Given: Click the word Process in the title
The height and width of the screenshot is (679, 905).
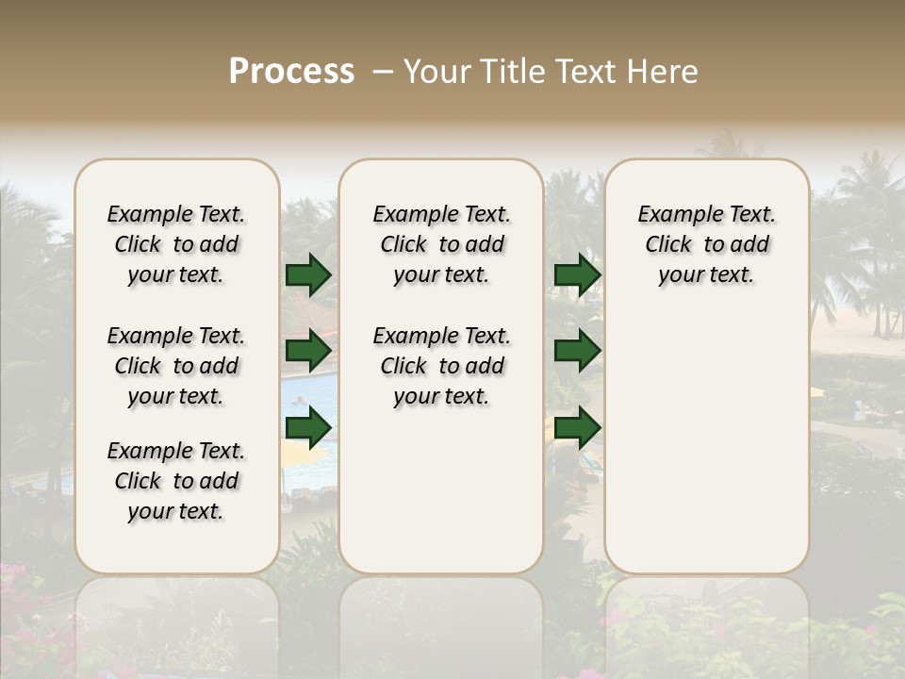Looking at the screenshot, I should click(x=291, y=72).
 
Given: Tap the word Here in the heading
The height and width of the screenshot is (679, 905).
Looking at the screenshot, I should click(x=665, y=72).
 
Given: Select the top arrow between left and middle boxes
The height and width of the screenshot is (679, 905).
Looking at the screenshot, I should click(x=308, y=274).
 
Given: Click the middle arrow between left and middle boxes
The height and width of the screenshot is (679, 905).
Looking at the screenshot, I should click(x=308, y=352).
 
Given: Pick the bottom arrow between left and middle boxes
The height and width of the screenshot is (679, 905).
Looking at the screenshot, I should click(x=308, y=428).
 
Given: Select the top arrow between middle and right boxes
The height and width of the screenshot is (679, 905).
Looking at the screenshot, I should click(x=577, y=274).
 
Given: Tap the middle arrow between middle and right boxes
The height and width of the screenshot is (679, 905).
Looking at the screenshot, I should click(x=577, y=352).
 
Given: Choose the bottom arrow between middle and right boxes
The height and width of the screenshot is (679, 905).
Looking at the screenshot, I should click(x=577, y=428).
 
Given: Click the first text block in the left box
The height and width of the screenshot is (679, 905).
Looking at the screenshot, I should click(x=176, y=244).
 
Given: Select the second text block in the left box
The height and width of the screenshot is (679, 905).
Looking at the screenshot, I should click(x=176, y=366).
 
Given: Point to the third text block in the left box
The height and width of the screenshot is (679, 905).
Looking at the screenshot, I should click(x=176, y=481).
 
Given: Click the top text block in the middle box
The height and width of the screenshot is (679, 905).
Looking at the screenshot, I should click(x=441, y=244).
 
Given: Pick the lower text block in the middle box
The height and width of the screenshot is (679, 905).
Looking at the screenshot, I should click(x=441, y=366).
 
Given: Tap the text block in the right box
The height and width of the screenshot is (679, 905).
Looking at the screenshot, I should click(x=707, y=244).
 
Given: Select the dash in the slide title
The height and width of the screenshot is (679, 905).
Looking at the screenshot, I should click(x=382, y=72).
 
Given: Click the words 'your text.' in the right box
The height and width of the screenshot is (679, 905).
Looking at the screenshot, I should click(x=707, y=275).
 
